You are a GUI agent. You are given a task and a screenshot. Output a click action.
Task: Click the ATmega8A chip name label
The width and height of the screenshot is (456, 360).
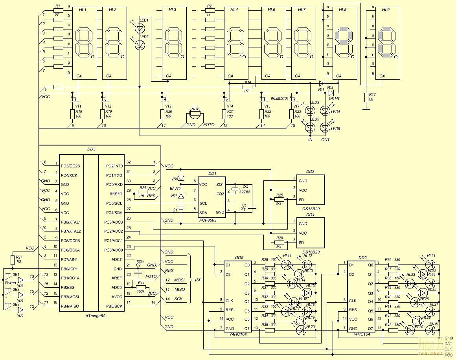[96, 316]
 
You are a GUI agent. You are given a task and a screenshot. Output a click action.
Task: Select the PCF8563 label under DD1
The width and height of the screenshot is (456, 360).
[208, 220]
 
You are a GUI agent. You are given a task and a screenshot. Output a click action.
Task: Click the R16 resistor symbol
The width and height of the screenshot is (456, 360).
[247, 87]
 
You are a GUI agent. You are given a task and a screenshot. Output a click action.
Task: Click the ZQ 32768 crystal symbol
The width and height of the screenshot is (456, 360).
[235, 189]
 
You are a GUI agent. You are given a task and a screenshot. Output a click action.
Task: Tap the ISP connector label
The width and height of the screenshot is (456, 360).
[199, 280]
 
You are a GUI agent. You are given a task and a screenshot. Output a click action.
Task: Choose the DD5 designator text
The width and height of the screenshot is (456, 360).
[239, 257]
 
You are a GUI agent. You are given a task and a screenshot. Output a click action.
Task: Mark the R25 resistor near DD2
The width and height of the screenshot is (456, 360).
[279, 200]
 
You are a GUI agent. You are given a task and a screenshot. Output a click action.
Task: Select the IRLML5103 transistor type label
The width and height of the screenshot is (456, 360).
[279, 97]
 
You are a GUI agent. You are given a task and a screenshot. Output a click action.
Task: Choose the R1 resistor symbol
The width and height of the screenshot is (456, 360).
[58, 11]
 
